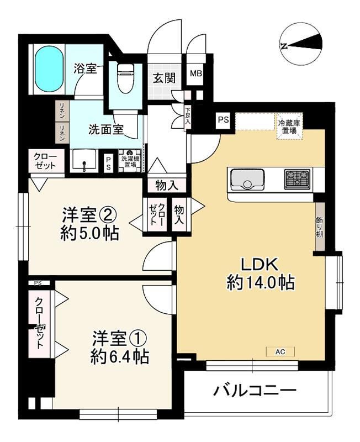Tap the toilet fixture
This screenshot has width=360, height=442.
(x=125, y=78)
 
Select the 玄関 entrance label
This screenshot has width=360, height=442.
(x=164, y=78)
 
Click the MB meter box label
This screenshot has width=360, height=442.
(x=196, y=74)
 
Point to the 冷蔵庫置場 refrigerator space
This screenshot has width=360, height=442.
(x=289, y=127)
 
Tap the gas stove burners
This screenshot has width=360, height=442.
(x=297, y=179)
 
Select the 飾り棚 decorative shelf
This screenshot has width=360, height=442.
(x=320, y=226)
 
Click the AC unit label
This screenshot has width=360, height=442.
(x=280, y=352)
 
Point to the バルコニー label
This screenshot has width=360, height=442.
(x=255, y=391)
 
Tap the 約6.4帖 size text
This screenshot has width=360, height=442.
(x=119, y=357)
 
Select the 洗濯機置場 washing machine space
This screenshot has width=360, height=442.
(x=129, y=161)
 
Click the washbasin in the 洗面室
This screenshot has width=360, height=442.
(x=84, y=160)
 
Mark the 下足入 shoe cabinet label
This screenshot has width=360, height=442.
(x=188, y=115)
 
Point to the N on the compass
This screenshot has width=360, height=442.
(x=284, y=46)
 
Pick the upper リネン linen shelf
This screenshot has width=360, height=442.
(x=62, y=111)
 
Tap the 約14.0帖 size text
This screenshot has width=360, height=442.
(x=261, y=283)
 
